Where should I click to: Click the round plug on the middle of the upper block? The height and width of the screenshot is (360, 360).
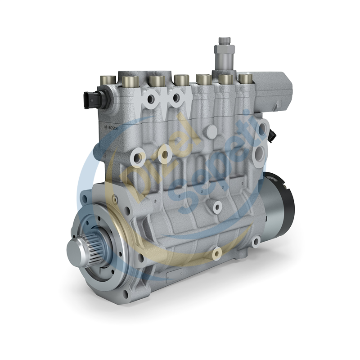click(211, 131)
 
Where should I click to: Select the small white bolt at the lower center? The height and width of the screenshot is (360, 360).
click(216, 253)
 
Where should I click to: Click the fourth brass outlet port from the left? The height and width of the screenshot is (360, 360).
click(181, 81)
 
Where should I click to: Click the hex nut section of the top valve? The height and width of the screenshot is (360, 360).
click(224, 49)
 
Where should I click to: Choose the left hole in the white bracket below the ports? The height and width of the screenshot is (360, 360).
click(152, 99)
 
